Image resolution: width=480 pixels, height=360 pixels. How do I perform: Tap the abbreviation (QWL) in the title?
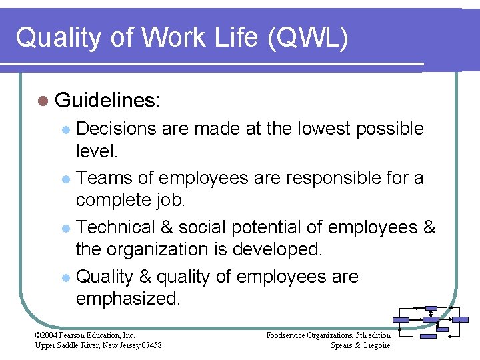click(x=307, y=38)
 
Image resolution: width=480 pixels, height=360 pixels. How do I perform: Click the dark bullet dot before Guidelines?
click(x=43, y=101)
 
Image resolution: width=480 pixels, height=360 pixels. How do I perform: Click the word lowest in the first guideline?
click(x=320, y=129)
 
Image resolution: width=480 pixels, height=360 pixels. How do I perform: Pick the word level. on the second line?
click(x=97, y=151)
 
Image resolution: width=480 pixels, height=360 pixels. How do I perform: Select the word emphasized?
click(x=128, y=299)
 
